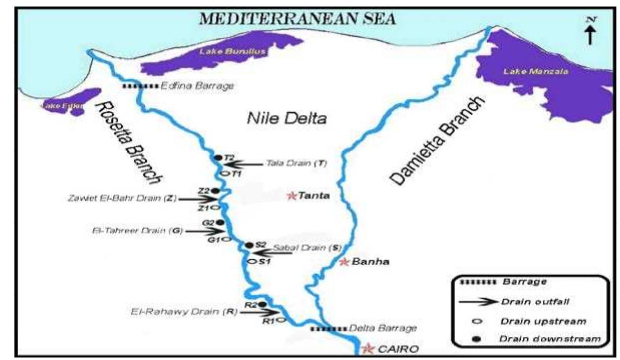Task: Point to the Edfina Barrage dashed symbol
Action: (x=140, y=87)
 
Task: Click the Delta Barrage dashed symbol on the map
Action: (x=328, y=329)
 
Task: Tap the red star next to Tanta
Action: (x=291, y=196)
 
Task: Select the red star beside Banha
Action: (x=344, y=262)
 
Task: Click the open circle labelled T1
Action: (x=225, y=173)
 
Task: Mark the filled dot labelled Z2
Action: (x=215, y=191)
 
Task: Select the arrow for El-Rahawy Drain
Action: (x=256, y=312)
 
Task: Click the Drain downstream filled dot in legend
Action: (x=477, y=339)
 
